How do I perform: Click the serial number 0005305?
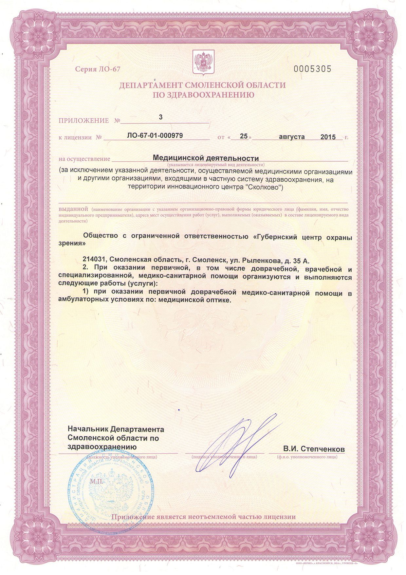(313, 69)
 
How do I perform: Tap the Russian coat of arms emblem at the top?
(203, 61)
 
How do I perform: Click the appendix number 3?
(160, 117)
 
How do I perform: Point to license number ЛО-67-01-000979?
(155, 135)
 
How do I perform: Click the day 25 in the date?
(243, 136)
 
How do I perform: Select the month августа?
(291, 136)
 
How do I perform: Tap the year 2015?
(328, 137)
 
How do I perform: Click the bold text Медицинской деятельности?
(206, 158)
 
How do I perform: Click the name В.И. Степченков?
(314, 449)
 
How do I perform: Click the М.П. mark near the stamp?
(97, 482)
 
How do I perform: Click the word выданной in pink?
(74, 209)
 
